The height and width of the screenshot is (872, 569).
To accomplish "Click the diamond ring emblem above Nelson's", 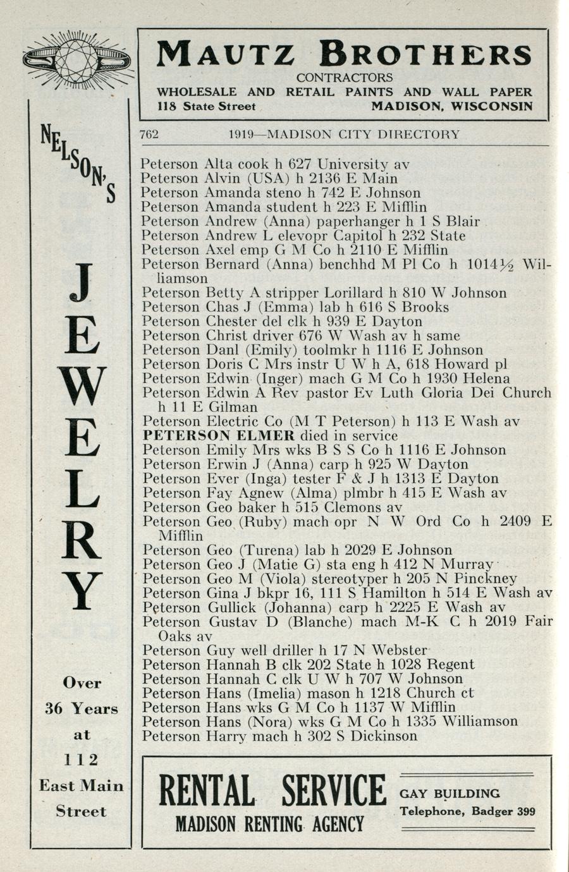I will (x=76, y=61).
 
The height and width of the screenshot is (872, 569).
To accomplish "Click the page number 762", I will (x=149, y=134).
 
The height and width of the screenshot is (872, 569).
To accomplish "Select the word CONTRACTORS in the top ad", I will (x=345, y=78).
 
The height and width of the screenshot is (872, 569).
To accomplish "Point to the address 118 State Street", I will (x=206, y=107).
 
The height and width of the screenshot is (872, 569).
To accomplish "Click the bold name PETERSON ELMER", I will (x=219, y=435).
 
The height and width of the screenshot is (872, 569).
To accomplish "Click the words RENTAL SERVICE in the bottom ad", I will (x=272, y=791).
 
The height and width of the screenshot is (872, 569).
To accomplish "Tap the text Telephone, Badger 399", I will (x=467, y=811).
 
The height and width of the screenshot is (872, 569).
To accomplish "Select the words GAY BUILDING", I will (x=450, y=794).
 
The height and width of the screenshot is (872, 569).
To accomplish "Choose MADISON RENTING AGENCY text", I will (x=269, y=824).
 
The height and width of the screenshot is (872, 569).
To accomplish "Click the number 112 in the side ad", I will (x=81, y=760).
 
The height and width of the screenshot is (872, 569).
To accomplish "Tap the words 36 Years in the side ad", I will (x=81, y=708).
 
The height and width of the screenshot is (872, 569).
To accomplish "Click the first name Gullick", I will (x=233, y=608).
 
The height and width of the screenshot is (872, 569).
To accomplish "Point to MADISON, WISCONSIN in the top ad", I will (x=451, y=107).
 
